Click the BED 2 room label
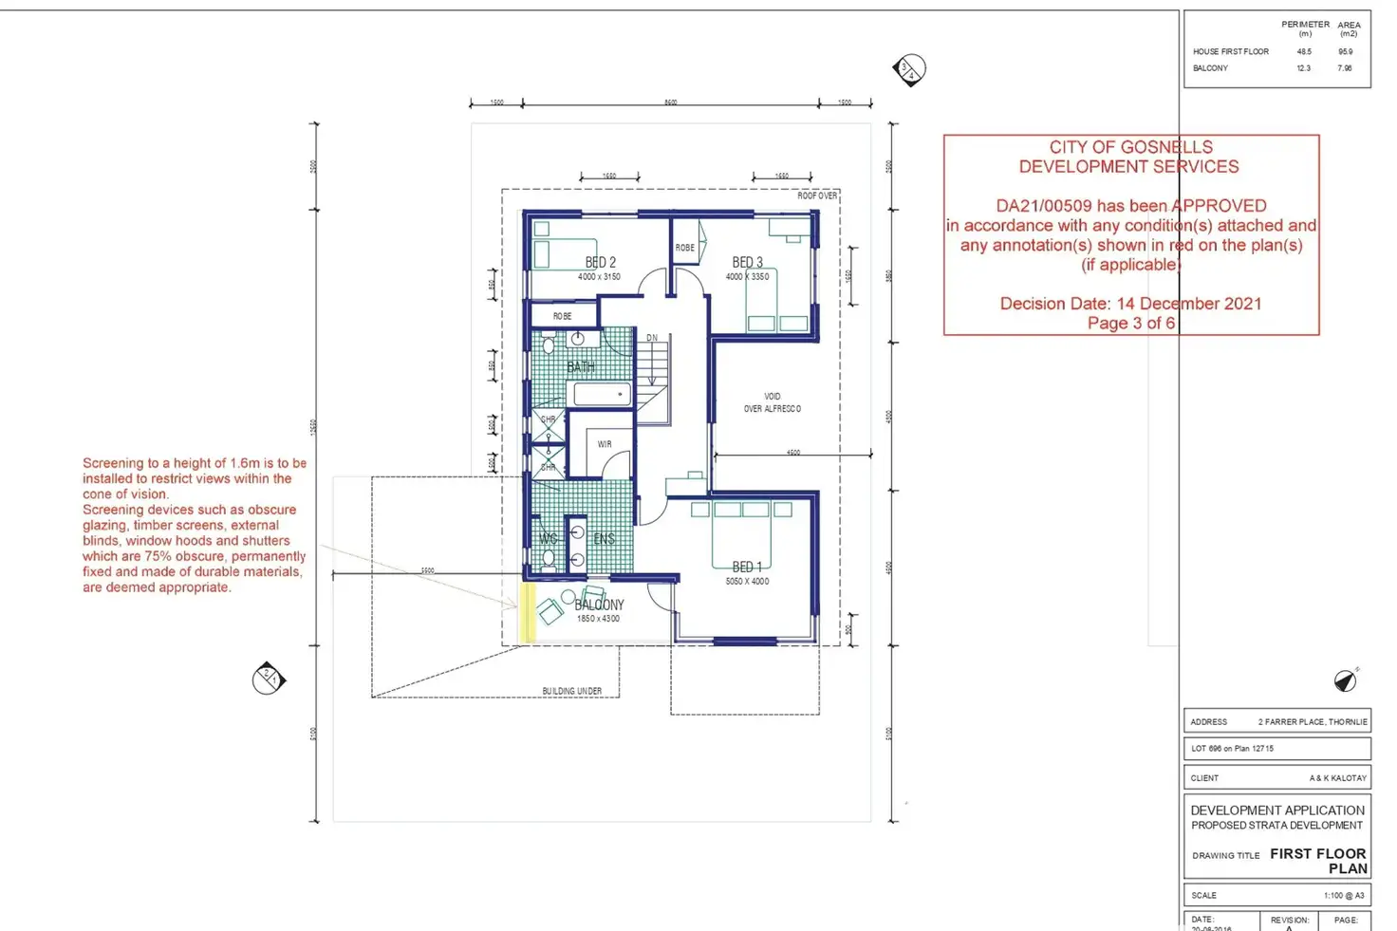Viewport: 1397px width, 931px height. [600, 263]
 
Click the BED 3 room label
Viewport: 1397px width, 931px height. [747, 263]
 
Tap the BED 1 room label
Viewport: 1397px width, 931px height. [747, 568]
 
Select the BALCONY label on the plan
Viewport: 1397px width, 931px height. [599, 605]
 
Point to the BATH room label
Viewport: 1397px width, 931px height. [581, 366]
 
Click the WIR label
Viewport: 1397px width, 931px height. [605, 444]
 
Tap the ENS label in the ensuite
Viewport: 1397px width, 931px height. [604, 539]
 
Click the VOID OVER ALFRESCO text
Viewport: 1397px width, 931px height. [772, 402]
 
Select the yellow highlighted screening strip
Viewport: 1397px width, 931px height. [527, 612]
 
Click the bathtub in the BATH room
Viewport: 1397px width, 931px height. [602, 393]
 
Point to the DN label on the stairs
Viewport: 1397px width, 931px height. [652, 338]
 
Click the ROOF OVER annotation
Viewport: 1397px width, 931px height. [816, 196]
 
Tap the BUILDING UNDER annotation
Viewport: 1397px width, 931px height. [571, 691]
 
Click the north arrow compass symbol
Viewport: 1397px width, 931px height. [1345, 680]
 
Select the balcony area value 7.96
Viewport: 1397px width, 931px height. [1345, 68]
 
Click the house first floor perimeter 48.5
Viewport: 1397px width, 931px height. [1304, 52]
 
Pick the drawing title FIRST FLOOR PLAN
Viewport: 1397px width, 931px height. [1318, 861]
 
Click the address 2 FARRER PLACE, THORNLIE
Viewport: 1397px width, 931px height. [1312, 722]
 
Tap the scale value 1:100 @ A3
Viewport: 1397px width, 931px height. [1343, 896]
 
